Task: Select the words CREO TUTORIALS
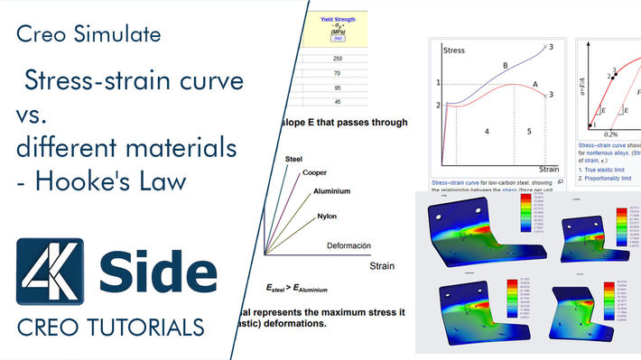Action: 111,326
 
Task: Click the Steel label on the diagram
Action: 293,160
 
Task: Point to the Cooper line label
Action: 315,172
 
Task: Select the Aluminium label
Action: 331,191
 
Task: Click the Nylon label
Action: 327,217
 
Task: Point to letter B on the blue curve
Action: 506,65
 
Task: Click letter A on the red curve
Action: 534,83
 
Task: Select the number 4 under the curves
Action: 487,132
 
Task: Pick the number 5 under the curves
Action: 530,132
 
